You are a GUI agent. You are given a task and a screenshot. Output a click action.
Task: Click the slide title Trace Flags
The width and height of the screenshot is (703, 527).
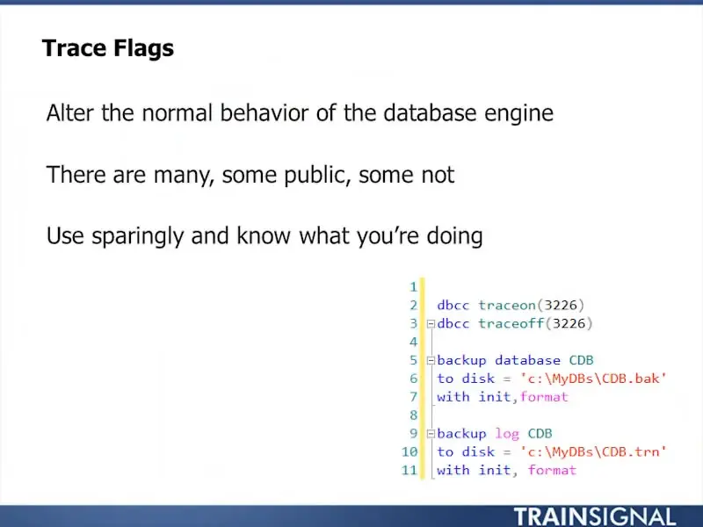(x=107, y=49)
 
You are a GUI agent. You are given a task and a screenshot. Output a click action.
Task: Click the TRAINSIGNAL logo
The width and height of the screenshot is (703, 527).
(x=595, y=516)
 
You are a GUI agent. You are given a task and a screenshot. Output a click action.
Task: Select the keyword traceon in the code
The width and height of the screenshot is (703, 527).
(x=507, y=305)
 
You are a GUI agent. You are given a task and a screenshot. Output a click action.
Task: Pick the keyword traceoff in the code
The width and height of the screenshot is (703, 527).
(x=511, y=323)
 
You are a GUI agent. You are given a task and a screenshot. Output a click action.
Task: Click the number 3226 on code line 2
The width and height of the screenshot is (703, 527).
(x=561, y=305)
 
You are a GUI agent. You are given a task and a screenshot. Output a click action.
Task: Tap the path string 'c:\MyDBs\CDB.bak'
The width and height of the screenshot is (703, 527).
(x=593, y=379)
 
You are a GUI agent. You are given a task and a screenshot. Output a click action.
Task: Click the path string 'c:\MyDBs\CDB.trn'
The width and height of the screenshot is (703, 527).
(x=593, y=451)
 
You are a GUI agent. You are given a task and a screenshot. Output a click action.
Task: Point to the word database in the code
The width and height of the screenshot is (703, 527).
(x=528, y=360)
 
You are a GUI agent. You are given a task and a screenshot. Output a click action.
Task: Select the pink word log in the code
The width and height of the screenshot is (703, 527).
(x=507, y=434)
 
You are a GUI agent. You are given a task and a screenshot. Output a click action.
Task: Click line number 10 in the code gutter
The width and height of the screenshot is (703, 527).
(x=409, y=451)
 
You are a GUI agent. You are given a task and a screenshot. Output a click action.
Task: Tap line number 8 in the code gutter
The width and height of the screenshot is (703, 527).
(x=413, y=415)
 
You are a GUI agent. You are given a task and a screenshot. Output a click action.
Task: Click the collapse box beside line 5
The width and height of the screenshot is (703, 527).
(x=431, y=360)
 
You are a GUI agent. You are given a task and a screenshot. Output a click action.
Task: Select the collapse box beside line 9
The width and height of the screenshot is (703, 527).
(x=431, y=434)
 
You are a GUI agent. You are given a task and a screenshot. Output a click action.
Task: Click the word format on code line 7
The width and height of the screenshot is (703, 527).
(x=544, y=397)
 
